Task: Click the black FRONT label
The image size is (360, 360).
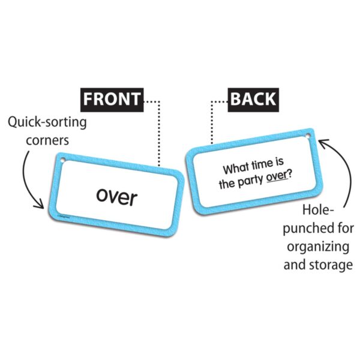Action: tap(112, 99)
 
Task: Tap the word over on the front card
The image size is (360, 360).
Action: tap(116, 196)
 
